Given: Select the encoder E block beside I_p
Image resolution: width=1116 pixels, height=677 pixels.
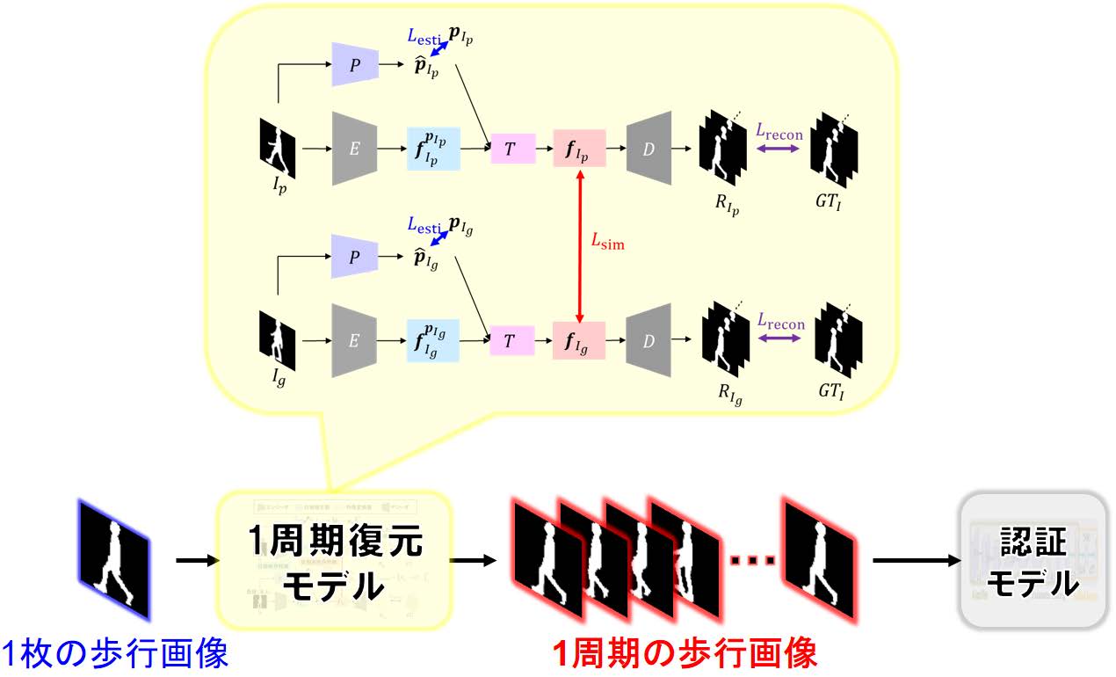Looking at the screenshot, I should (x=354, y=149).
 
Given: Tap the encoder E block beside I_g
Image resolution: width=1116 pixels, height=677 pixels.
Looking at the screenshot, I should (x=354, y=340).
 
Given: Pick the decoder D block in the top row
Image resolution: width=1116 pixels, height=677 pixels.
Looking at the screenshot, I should (x=649, y=149).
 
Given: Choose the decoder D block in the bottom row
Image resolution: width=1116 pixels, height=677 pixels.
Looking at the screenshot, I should (x=649, y=340).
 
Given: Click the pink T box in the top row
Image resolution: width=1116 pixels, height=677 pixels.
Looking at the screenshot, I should (x=511, y=149).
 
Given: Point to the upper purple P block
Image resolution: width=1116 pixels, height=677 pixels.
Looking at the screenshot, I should (x=354, y=63).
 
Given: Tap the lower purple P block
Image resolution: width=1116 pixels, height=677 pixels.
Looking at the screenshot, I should (x=354, y=257).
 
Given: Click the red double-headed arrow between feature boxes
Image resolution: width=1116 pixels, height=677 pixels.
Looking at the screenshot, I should (x=580, y=246).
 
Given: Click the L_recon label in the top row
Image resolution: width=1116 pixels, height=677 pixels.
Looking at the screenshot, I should (x=779, y=131).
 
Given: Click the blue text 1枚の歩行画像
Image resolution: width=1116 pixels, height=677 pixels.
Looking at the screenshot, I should (x=114, y=653).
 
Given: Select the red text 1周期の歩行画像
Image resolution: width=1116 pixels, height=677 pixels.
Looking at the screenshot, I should (x=685, y=653).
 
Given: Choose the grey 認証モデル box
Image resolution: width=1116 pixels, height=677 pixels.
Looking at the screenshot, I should (x=1032, y=560).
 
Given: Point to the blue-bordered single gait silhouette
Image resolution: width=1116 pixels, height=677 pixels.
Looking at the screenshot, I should (x=114, y=560).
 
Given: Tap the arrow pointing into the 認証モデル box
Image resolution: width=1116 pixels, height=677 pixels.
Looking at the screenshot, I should (x=915, y=560).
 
